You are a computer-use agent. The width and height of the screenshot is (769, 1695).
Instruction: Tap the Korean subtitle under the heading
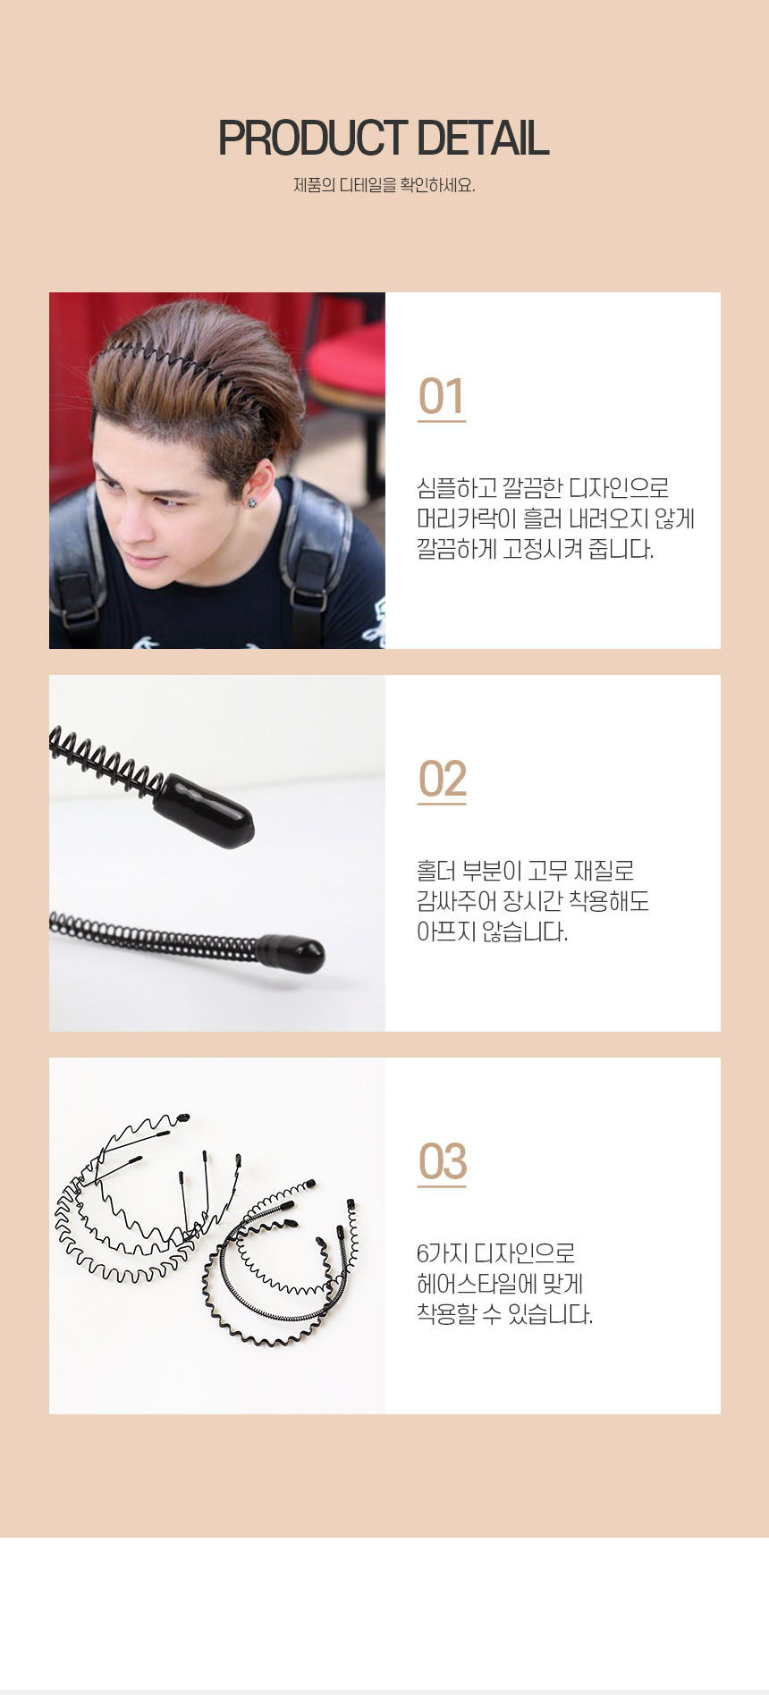pos(384,185)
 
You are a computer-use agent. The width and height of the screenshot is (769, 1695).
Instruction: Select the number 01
pos(442,397)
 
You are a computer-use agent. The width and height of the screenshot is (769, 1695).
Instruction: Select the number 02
pos(442,780)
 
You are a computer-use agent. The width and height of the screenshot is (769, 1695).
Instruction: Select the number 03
pos(442,1162)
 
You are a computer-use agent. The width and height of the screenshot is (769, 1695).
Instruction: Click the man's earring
pos(253,502)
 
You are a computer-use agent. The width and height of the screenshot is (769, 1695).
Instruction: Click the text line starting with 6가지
pos(495,1253)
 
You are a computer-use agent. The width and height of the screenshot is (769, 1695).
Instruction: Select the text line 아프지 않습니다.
pos(493,932)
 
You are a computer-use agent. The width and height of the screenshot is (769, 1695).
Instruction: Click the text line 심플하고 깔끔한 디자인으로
pos(543,488)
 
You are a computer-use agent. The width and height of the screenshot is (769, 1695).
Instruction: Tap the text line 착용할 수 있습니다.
pos(504,1314)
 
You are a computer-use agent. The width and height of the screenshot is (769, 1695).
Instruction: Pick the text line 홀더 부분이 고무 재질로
pos(526,871)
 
